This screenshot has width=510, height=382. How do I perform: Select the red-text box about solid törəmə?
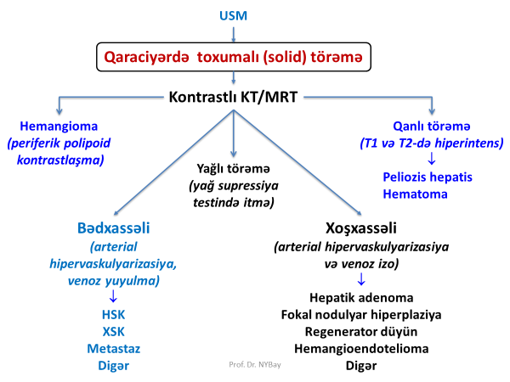point(233,58)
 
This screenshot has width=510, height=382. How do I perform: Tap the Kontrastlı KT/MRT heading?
point(233,98)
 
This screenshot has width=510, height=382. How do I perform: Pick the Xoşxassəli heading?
point(361,230)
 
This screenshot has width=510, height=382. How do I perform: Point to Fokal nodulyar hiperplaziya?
point(361,315)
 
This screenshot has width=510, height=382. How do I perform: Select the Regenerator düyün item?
point(361,332)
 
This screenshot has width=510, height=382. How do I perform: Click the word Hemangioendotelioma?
point(361,349)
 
